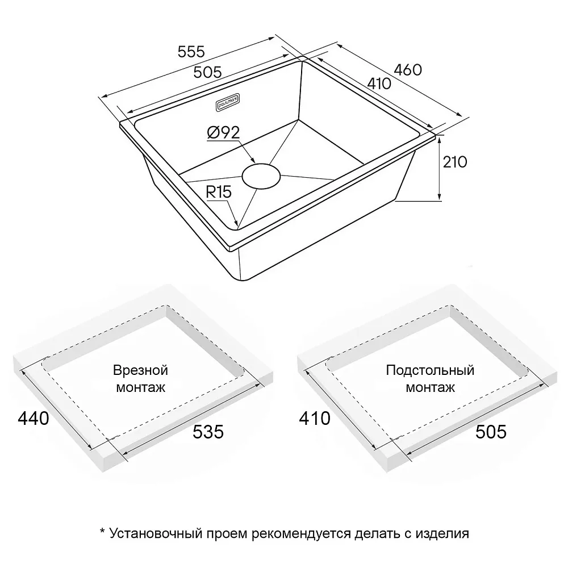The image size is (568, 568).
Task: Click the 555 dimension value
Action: click(191, 52)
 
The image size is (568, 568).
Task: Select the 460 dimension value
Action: click(408, 69)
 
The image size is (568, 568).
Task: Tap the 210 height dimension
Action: click(455, 162)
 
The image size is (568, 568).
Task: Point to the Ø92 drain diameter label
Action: click(223, 132)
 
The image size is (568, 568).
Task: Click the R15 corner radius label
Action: click(219, 192)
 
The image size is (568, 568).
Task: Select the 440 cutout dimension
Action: click(34, 419)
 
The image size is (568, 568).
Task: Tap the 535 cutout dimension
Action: click(208, 432)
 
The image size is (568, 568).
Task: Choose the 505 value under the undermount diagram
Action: click(491, 432)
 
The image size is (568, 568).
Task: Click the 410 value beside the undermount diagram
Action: click(315, 419)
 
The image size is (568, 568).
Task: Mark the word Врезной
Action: click(140, 370)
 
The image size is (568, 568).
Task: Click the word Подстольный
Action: click(430, 370)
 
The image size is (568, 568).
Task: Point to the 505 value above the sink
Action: click(207, 72)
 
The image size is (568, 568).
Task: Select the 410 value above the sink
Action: click(379, 83)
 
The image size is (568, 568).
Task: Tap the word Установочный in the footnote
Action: click(156, 533)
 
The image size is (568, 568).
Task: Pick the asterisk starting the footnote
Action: click(102, 532)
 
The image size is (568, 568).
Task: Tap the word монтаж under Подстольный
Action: click(430, 387)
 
